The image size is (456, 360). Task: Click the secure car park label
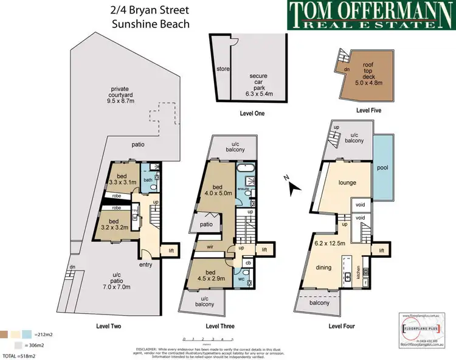tap(259, 81)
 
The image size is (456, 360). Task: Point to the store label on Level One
tap(223, 69)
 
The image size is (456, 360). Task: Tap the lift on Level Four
tap(381, 250)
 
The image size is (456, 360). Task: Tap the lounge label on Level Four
tap(347, 182)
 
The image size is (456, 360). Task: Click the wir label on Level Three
tap(209, 247)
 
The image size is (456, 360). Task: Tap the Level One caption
tap(251, 114)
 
